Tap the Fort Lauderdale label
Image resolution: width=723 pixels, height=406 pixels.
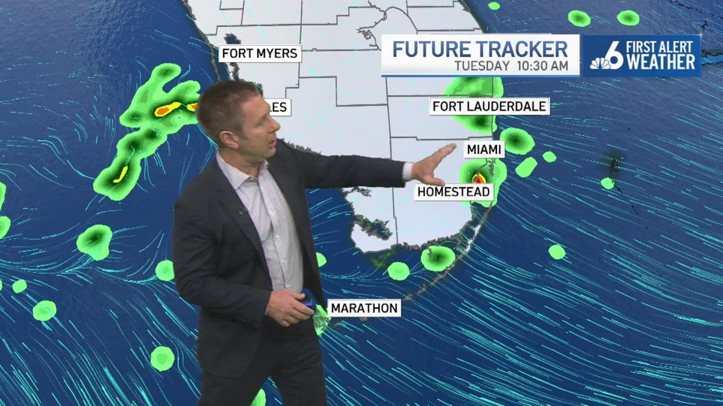pyautogui.click(x=489, y=106)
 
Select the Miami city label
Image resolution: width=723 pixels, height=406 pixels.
pyautogui.click(x=484, y=148)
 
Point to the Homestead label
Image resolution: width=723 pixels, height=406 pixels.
pyautogui.click(x=454, y=192)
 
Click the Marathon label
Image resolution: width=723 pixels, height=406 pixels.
pyautogui.click(x=365, y=309)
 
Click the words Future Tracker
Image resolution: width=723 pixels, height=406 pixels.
pyautogui.click(x=480, y=49)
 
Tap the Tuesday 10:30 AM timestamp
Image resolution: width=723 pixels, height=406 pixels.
pyautogui.click(x=510, y=66)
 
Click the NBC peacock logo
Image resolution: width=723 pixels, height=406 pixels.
pyautogui.click(x=601, y=62)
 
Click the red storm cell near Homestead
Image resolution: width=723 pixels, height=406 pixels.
pyautogui.click(x=479, y=178)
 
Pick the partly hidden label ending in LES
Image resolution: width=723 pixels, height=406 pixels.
pyautogui.click(x=281, y=108)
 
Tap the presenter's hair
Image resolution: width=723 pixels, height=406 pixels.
pyautogui.click(x=226, y=102)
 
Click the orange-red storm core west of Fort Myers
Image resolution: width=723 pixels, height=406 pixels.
pyautogui.click(x=167, y=109)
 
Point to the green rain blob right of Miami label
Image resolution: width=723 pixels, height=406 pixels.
pyautogui.click(x=517, y=140)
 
